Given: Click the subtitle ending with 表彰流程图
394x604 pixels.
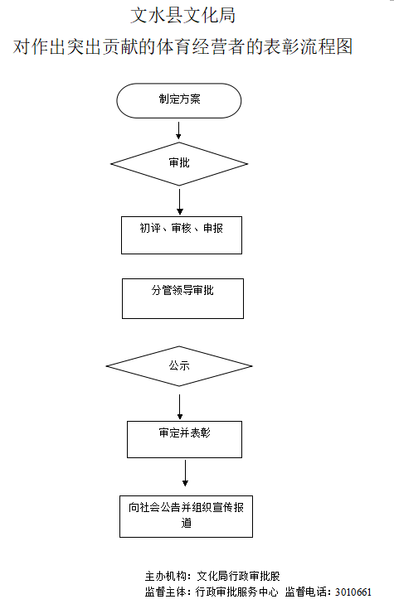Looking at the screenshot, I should [182, 46].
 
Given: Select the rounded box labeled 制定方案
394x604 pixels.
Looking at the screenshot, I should [179, 100].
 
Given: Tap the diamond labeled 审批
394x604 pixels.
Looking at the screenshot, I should [179, 163].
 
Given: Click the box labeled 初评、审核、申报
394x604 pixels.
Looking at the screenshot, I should [182, 234].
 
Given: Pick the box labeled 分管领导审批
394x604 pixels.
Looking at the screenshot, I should [182, 298].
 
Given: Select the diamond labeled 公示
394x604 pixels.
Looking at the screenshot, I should [179, 365].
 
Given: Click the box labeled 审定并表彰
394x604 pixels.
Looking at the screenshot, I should [184, 439].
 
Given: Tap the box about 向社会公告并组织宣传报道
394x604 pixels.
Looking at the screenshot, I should [186, 515].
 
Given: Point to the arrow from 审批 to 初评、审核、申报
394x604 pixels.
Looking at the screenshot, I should [179, 201].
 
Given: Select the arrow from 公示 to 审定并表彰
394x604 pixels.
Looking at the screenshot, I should [180, 405].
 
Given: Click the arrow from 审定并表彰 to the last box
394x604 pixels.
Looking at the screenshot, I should [185, 472].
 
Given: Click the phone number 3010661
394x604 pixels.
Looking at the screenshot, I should [352, 592].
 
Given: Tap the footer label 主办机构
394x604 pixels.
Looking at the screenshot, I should [163, 576].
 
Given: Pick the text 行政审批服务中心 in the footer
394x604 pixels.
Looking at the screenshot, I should [236, 592].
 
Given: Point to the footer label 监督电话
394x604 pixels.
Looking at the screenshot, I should [307, 592].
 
